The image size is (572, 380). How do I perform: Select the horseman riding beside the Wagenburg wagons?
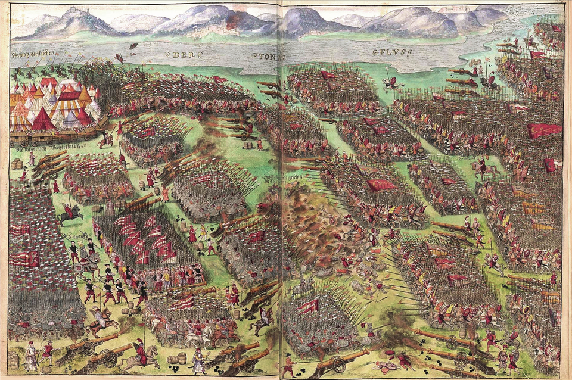[x=108, y=139]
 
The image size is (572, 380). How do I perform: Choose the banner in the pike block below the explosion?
[x=309, y=306]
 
